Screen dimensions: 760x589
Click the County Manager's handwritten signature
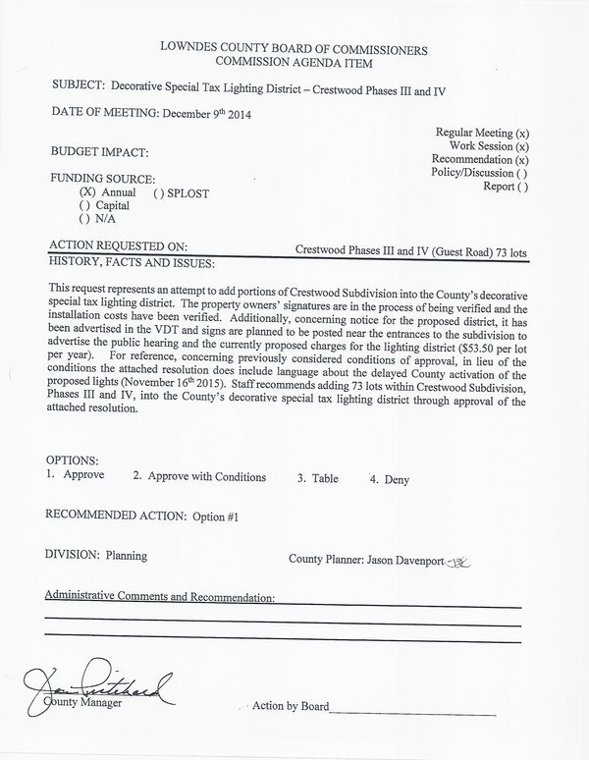pyautogui.click(x=98, y=684)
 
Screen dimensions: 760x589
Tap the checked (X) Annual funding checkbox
pyautogui.click(x=87, y=192)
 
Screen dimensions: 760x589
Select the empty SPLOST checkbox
pyautogui.click(x=159, y=192)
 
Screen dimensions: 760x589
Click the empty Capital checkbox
pyautogui.click(x=85, y=206)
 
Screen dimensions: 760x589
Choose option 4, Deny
pyautogui.click(x=390, y=479)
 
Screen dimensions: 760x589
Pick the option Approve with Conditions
pyautogui.click(x=199, y=477)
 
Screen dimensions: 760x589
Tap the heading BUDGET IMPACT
pyautogui.click(x=98, y=153)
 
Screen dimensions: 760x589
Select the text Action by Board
pyautogui.click(x=292, y=706)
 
